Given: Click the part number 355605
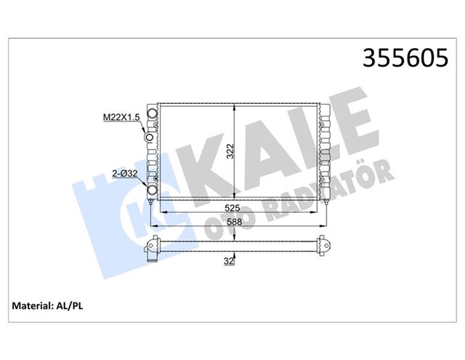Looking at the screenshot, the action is (405, 57).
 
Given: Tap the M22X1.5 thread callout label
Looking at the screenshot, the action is (121, 118).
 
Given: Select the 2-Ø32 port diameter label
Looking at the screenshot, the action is (125, 173).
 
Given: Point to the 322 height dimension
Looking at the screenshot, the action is (230, 151).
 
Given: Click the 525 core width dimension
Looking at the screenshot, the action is (232, 208).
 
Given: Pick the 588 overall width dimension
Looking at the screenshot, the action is (233, 222).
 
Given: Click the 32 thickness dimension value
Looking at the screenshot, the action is (229, 261).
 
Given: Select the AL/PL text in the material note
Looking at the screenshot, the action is (70, 306).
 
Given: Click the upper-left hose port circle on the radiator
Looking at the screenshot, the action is (153, 113).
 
